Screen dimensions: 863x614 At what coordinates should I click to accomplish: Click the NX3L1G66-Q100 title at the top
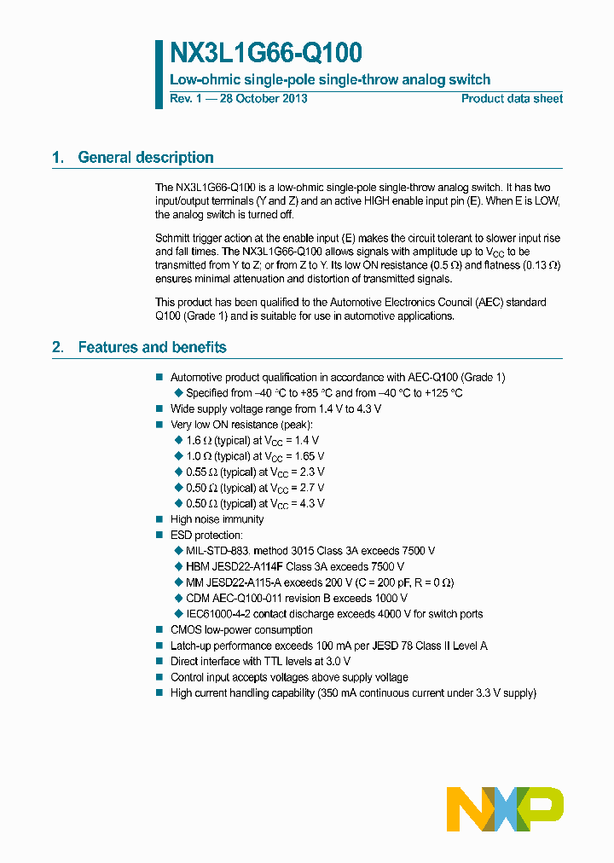(x=266, y=54)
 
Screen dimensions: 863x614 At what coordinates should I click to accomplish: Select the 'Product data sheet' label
(x=512, y=99)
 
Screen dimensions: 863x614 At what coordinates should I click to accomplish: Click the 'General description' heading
(x=145, y=157)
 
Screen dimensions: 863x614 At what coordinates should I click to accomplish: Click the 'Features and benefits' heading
(x=152, y=347)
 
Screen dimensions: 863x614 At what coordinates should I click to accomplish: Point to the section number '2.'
(x=58, y=347)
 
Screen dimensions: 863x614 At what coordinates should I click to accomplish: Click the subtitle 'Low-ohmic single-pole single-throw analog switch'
(x=330, y=80)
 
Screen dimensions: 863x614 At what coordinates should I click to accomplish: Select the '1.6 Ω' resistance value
(x=198, y=441)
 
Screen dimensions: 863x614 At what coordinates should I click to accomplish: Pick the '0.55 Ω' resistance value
(x=200, y=472)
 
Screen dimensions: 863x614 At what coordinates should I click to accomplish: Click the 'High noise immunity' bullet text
(x=217, y=519)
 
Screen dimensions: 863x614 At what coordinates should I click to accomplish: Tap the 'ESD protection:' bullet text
(x=206, y=536)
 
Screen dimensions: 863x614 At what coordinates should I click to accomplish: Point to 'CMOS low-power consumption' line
(x=241, y=630)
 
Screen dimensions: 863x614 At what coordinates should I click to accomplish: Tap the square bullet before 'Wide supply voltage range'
(x=159, y=409)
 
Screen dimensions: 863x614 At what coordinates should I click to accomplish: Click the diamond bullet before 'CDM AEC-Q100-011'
(x=178, y=599)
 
